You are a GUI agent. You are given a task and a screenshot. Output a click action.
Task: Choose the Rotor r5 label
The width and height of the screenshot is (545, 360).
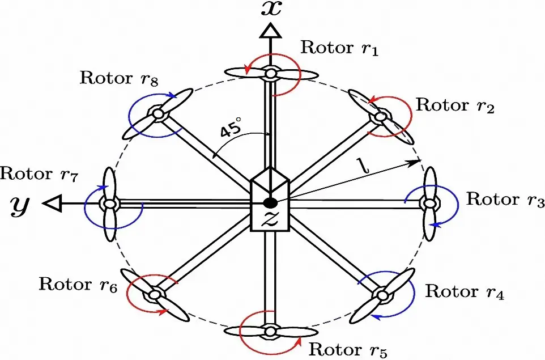pos(347,348)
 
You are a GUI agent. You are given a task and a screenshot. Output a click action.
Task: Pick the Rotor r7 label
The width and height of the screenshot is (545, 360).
pos(39,174)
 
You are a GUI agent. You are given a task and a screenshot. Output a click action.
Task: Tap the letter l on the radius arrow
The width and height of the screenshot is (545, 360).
pos(363,166)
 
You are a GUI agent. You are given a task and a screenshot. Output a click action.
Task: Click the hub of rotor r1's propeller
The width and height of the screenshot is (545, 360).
pos(271,73)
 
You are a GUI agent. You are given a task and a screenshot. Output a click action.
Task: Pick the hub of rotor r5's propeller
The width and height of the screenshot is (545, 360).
pos(271,331)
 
